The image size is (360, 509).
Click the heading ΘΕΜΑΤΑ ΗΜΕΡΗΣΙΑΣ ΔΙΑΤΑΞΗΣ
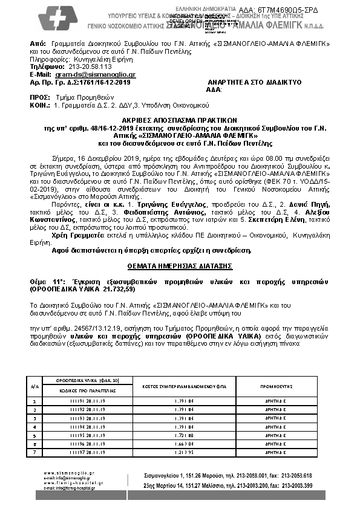[180, 266]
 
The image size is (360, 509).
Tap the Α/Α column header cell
[34, 385]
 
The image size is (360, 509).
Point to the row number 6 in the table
[34, 443]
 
